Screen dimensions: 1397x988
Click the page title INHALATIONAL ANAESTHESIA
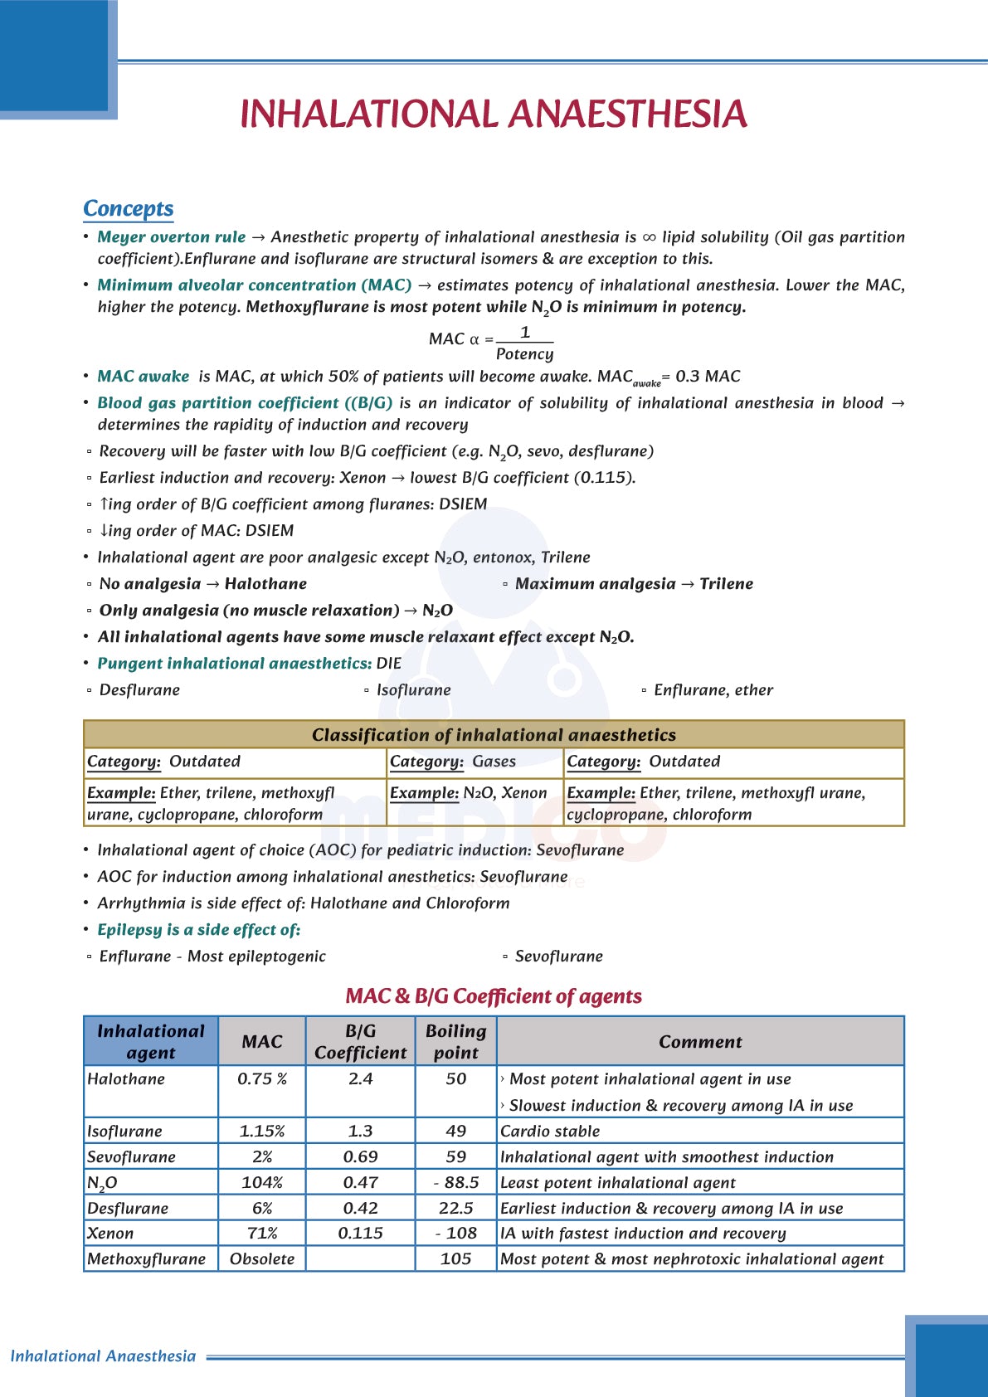click(x=494, y=114)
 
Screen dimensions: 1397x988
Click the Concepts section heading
click(x=128, y=208)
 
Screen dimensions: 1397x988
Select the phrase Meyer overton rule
click(x=171, y=237)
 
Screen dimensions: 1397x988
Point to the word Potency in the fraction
click(x=524, y=354)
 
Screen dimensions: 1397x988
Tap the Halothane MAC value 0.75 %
click(x=261, y=1079)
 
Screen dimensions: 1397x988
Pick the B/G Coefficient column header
click(x=360, y=1041)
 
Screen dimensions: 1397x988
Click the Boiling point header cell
click(x=455, y=1041)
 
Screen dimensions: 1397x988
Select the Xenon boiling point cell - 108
click(x=455, y=1234)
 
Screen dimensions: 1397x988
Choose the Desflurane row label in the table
click(x=128, y=1209)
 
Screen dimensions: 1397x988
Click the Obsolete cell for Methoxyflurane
click(x=261, y=1259)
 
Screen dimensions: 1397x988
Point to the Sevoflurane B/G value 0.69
click(x=360, y=1157)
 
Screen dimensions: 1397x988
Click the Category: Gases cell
click(x=453, y=762)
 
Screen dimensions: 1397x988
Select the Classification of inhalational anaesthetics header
click(x=494, y=735)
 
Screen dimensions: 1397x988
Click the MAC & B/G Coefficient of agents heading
click(x=494, y=996)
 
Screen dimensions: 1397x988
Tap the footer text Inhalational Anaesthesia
click(x=103, y=1356)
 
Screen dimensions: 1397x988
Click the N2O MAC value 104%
click(x=261, y=1183)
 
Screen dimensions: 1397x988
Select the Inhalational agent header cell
click(x=151, y=1041)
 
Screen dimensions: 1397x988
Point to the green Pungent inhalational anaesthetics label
click(x=234, y=664)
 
